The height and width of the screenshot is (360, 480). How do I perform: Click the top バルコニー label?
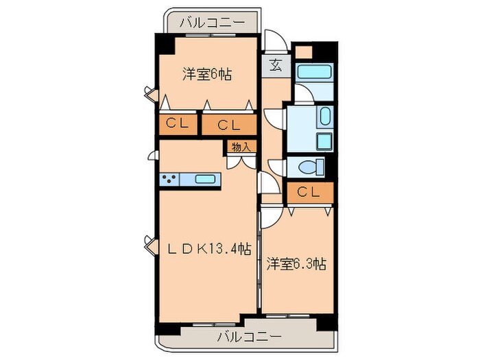(212, 23)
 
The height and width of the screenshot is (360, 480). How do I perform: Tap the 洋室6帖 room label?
(206, 74)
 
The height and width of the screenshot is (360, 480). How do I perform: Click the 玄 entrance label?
(276, 67)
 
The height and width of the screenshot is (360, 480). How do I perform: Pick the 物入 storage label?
(240, 147)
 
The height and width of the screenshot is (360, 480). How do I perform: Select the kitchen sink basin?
(207, 180)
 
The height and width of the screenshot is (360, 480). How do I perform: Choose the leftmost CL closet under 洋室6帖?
(176, 124)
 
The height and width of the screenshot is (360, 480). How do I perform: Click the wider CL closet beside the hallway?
(228, 124)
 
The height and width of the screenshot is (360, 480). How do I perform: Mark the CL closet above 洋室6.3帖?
(309, 193)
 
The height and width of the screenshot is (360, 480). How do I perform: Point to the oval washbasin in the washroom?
(324, 117)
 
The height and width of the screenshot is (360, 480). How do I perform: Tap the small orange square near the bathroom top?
(303, 52)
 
